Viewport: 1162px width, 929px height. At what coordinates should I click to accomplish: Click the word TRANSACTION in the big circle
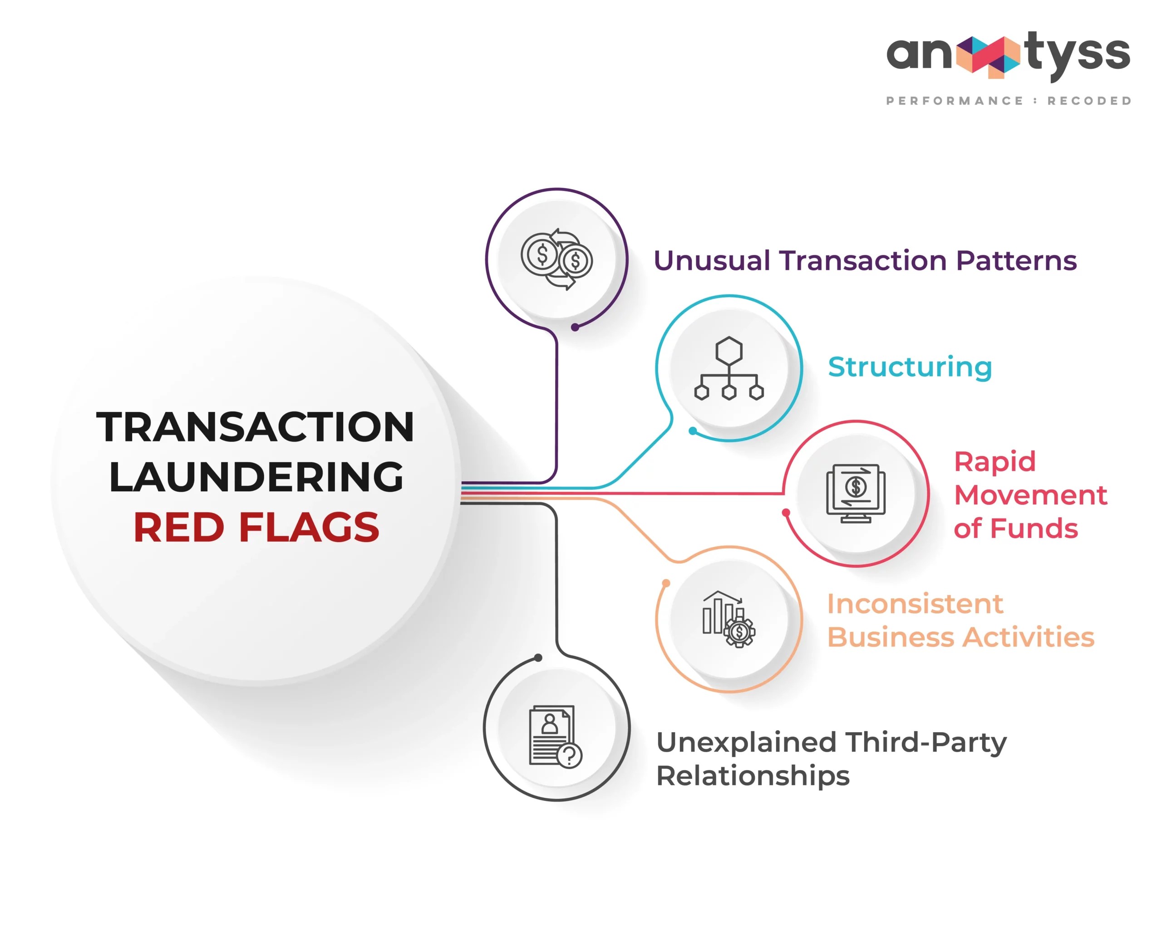pos(256,427)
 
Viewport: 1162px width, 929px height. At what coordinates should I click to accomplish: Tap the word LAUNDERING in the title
pos(256,477)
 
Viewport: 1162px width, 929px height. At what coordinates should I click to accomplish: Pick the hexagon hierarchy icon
pos(729,368)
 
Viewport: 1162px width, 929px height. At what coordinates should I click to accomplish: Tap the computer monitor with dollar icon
pos(855,493)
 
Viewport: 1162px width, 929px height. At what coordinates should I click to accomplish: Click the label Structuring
pos(910,367)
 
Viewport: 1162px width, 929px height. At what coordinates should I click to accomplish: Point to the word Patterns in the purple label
pos(1016,261)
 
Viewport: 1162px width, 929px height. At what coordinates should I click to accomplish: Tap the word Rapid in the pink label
pos(995,461)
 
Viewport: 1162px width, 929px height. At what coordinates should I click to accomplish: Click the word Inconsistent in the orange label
pos(915,604)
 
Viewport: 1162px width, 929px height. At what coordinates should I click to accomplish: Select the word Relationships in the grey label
pos(753,776)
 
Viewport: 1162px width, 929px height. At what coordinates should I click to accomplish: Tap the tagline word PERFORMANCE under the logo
pos(955,101)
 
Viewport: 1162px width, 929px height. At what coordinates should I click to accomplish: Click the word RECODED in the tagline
pos(1089,101)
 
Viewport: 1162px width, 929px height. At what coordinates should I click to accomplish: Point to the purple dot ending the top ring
pos(575,327)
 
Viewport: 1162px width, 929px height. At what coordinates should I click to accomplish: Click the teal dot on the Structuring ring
pos(693,431)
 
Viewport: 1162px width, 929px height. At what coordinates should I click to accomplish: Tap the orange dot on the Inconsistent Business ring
pos(666,583)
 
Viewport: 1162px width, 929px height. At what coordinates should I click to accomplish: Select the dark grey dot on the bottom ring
pos(538,658)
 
